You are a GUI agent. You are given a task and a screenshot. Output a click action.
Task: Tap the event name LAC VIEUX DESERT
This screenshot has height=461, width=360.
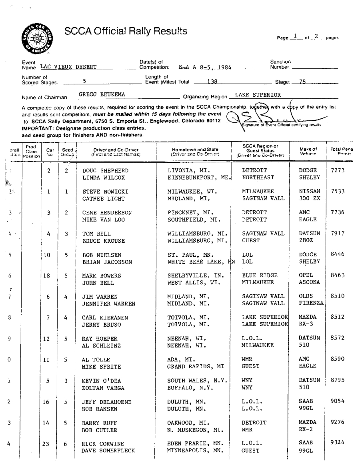point(68,67)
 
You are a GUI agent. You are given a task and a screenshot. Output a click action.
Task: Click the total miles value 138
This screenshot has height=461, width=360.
point(212,81)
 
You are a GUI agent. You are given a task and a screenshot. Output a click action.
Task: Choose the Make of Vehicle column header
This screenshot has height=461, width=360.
point(308,151)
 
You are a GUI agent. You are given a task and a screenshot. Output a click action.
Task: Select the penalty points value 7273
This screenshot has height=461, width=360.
point(338,170)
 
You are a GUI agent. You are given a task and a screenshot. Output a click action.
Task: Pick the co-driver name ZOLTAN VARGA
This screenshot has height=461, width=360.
point(103,388)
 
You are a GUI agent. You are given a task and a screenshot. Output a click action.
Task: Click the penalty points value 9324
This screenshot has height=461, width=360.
point(338,443)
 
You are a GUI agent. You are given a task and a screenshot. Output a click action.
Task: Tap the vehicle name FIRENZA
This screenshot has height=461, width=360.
point(311,304)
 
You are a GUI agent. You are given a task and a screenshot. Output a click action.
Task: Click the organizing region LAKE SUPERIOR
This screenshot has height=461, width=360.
point(258,95)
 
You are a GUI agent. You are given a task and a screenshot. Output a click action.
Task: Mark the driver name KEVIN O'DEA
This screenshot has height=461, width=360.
point(101,381)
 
